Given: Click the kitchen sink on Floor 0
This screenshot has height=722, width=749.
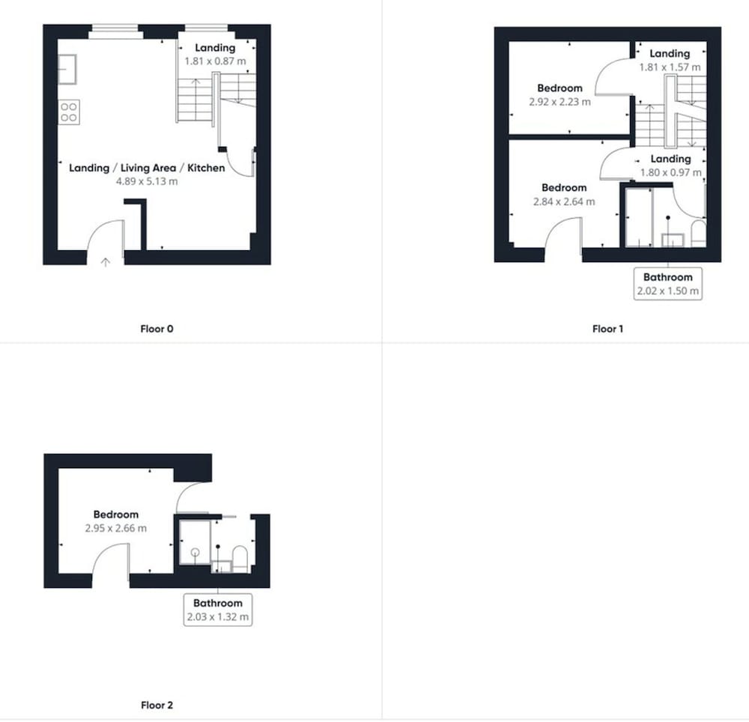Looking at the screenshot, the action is click(67, 69).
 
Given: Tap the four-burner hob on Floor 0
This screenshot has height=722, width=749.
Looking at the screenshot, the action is click(69, 112).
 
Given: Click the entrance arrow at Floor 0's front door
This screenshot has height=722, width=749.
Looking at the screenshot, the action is click(105, 261).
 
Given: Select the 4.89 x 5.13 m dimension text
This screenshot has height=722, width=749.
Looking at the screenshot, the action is click(147, 181).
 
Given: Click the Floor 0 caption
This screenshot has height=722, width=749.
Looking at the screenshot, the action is click(157, 329).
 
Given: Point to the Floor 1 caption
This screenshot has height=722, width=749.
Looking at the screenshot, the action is click(607, 329).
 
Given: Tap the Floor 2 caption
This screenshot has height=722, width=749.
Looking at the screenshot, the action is click(157, 705).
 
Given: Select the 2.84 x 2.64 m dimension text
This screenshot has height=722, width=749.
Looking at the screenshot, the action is click(564, 201).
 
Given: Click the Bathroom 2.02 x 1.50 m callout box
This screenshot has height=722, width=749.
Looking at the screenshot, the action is click(668, 284).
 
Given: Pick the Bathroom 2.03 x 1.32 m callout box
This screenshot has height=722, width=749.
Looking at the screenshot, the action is click(218, 610).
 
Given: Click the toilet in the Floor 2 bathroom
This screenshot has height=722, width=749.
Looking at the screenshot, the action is click(240, 559).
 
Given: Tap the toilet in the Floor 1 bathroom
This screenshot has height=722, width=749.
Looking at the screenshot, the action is click(699, 233).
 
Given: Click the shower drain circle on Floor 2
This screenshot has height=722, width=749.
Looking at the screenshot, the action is click(195, 553).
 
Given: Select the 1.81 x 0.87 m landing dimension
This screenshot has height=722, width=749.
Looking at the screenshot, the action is click(216, 61).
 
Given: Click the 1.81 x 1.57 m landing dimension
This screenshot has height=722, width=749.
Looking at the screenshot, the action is click(670, 67).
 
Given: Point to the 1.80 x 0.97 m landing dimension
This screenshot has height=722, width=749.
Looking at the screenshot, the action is click(670, 172).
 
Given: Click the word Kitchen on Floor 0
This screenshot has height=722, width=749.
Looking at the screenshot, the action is click(206, 168).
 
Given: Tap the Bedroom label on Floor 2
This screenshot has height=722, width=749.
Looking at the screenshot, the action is click(116, 515).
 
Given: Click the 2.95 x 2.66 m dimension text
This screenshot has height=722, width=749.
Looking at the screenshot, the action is click(116, 528).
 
